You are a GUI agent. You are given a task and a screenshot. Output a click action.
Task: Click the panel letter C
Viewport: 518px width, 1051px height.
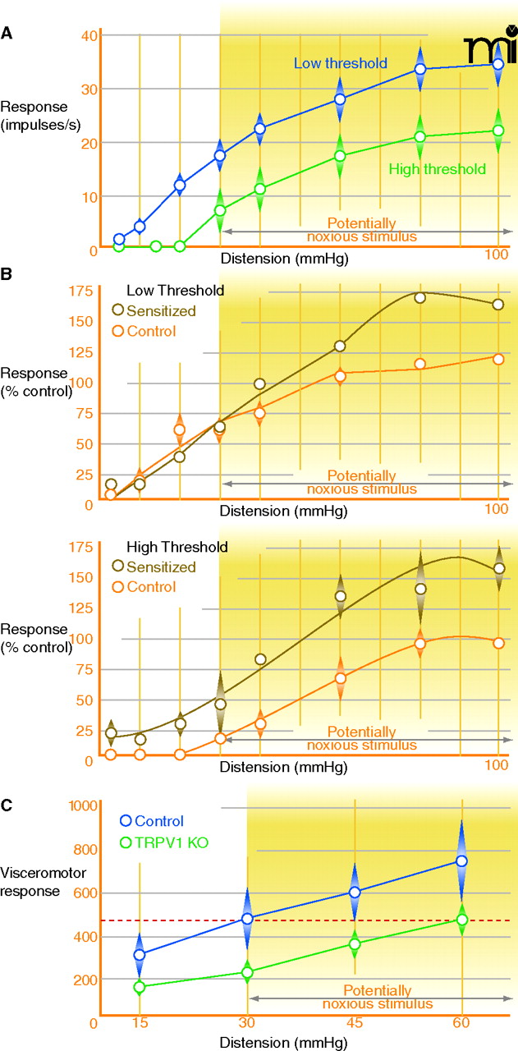(7, 805)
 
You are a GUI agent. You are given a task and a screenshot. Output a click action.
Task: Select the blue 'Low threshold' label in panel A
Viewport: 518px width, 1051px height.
(342, 62)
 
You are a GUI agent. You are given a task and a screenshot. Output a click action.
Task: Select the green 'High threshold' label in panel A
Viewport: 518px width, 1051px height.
(438, 169)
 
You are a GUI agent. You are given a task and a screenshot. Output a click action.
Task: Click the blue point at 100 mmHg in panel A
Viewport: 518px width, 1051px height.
(498, 64)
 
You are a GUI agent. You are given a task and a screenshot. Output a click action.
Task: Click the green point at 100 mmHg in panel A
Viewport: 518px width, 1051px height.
(498, 131)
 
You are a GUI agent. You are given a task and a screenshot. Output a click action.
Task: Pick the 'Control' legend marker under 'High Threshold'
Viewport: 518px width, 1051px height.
(119, 586)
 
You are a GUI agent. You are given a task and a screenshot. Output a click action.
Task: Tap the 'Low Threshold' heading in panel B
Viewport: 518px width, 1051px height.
(175, 290)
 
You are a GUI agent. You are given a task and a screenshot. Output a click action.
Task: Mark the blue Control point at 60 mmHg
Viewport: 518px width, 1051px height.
(461, 861)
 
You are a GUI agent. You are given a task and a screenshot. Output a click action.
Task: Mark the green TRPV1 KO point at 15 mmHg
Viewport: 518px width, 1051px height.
(140, 987)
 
